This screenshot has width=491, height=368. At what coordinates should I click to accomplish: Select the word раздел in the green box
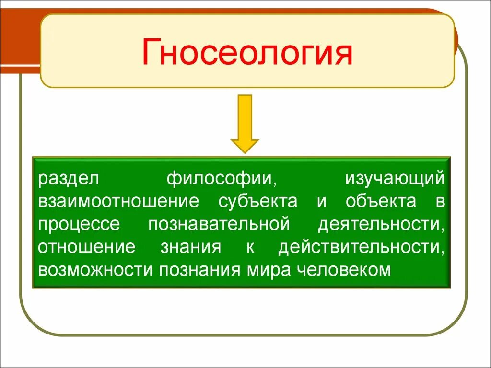pos(69,179)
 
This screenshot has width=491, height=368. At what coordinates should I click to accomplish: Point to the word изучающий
pos(395,179)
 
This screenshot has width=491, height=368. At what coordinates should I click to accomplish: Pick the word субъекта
pos(257,201)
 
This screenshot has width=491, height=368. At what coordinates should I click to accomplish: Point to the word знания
pos(191,247)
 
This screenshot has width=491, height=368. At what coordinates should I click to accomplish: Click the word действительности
pos(362,247)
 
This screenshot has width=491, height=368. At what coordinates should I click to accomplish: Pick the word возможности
pos(96,270)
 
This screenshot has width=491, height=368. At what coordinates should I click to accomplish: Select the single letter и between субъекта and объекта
pos(321,201)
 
